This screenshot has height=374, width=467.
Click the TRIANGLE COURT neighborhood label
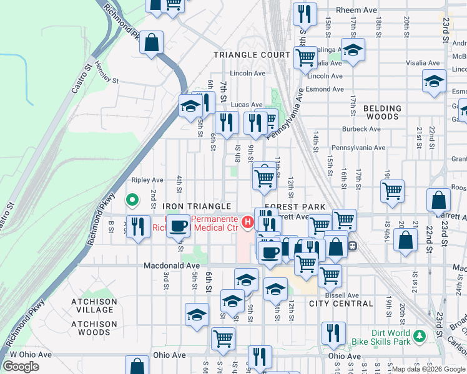(x=252, y=55)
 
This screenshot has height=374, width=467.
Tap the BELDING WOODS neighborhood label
(x=382, y=112)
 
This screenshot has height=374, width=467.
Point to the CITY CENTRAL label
(x=341, y=304)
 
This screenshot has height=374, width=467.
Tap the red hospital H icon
(x=248, y=222)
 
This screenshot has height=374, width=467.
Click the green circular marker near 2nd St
(x=132, y=200)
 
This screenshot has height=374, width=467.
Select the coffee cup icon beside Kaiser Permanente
(x=178, y=226)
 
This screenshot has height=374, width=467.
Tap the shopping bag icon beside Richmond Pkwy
(x=151, y=44)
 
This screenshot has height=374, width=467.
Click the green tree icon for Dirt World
(x=420, y=337)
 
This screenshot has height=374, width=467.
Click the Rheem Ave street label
(x=356, y=11)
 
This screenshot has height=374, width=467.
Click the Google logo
(x=21, y=367)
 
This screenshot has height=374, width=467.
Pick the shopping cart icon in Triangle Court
(x=305, y=57)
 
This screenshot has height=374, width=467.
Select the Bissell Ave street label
(x=345, y=295)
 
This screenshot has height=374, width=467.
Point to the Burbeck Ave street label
(x=361, y=129)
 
